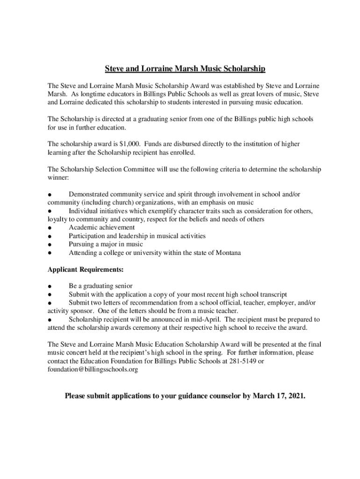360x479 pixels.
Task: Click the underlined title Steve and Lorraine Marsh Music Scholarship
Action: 185,69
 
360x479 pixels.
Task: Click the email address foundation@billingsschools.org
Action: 93,370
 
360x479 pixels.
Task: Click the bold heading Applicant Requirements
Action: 86,270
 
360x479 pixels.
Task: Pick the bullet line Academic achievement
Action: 101,227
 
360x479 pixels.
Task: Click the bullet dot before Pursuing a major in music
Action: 49,245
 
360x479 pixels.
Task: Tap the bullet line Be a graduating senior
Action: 101,286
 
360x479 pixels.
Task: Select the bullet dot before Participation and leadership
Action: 49,236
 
